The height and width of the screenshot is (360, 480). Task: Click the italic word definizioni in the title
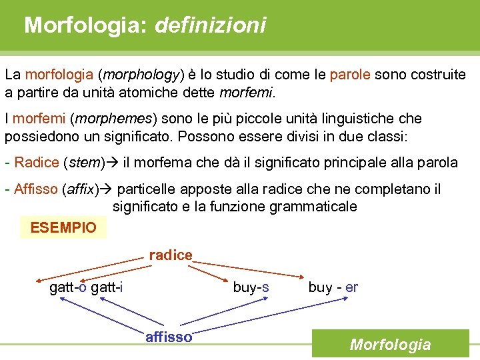[x=210, y=26]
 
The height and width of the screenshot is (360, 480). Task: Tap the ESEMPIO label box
[x=64, y=227]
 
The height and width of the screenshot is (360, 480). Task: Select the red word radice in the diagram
[x=171, y=255]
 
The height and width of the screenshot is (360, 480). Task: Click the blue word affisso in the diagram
[x=169, y=337]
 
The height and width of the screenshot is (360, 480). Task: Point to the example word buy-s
[x=251, y=287]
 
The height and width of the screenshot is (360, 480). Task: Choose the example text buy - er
[x=333, y=287]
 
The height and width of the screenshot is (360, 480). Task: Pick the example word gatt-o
[x=68, y=287]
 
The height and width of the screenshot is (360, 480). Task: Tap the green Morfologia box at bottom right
[x=390, y=345]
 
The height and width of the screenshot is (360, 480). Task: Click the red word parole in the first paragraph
[x=350, y=75]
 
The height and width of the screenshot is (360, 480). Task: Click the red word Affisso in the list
[x=35, y=190]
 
